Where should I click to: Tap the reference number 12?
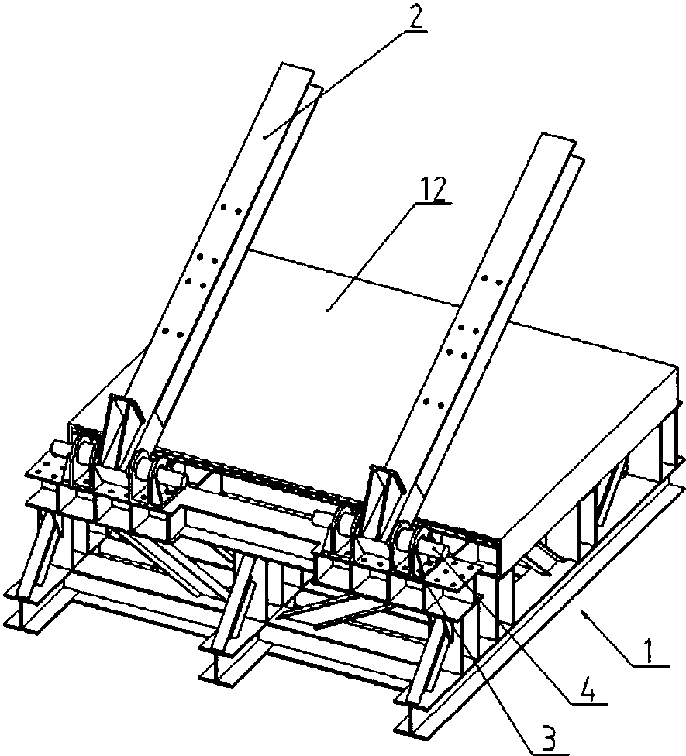433,189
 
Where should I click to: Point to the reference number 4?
587,688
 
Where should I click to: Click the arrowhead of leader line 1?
584,613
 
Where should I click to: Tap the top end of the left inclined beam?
297,68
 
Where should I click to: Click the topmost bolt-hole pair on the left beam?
230,209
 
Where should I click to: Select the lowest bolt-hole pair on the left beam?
173,332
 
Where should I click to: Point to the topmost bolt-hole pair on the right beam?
492,280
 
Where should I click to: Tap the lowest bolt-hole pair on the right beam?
434,401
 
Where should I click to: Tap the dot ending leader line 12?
328,310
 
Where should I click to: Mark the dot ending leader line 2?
264,138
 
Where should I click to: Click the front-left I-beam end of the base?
21,613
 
